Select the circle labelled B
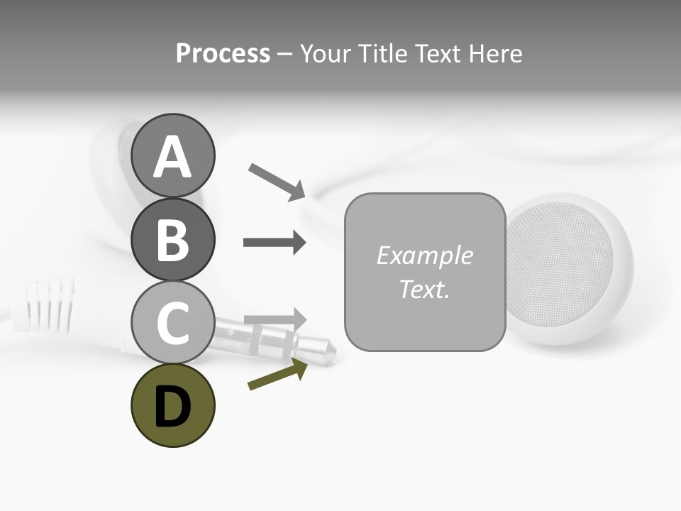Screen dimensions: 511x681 tap(173, 239)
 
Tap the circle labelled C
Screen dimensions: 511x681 tap(173, 322)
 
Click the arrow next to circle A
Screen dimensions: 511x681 tap(277, 182)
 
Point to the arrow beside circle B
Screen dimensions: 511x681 tap(275, 243)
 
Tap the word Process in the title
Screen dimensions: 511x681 tap(223, 54)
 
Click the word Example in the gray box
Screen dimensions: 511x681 tap(424, 255)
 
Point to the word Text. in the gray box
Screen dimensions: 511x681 tap(424, 289)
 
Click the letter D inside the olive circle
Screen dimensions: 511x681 tap(173, 408)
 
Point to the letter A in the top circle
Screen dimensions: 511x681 tap(173, 158)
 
